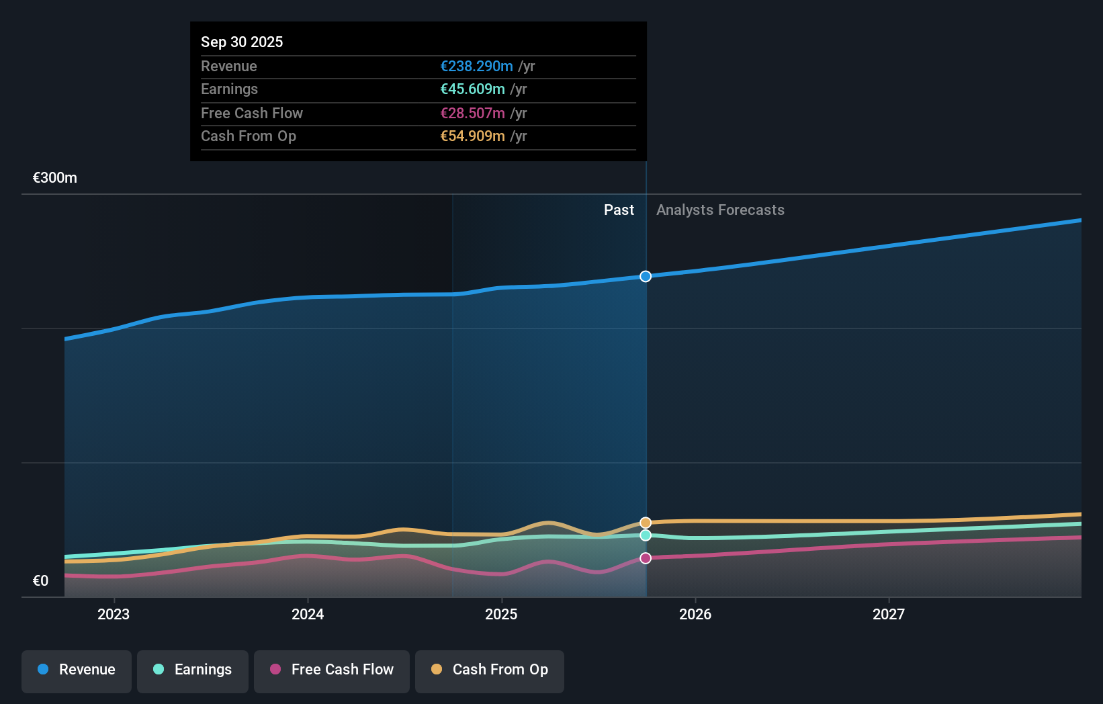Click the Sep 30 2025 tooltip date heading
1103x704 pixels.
[x=242, y=42]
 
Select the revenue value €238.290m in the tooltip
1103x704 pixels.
[x=476, y=66]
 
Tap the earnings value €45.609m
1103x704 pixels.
[x=472, y=89]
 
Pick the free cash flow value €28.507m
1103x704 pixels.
[x=472, y=113]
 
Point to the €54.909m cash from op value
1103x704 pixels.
[x=472, y=136]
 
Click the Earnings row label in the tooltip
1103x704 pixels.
[x=229, y=89]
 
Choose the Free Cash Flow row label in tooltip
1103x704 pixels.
[x=252, y=113]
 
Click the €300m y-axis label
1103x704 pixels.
[x=55, y=177]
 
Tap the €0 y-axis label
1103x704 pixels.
[x=40, y=580]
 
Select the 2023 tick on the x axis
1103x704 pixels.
[x=114, y=614]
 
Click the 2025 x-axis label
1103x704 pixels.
[x=501, y=614]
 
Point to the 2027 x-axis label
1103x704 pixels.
[x=888, y=614]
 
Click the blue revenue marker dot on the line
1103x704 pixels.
[x=646, y=276]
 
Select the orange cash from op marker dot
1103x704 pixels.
[x=646, y=523]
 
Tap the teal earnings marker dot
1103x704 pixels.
[x=646, y=535]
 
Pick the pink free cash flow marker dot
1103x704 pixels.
[x=646, y=558]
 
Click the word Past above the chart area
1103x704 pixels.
[x=619, y=210]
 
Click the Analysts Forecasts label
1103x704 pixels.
[x=720, y=210]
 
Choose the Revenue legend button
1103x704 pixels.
[x=77, y=670]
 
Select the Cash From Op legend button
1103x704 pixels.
[x=490, y=670]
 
